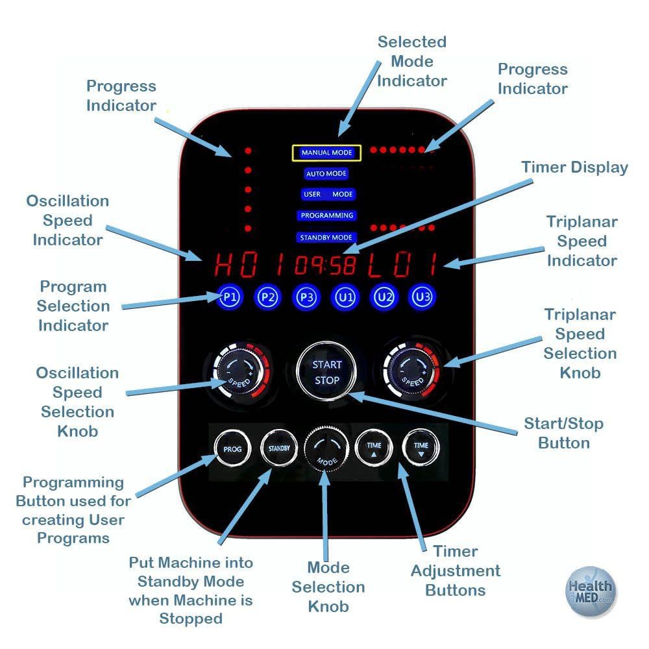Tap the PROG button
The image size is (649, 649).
click(x=232, y=448)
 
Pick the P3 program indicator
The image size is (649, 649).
click(x=306, y=297)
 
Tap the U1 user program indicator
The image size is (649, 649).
click(x=345, y=297)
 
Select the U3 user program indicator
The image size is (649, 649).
click(x=422, y=297)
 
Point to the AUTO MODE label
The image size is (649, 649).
click(x=326, y=174)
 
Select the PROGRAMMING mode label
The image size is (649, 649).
click(x=326, y=215)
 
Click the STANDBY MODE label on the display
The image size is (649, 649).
click(x=326, y=238)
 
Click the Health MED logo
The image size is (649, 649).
click(x=589, y=591)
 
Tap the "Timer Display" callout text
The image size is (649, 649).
click(x=574, y=167)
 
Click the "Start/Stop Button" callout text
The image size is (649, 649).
click(x=563, y=434)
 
